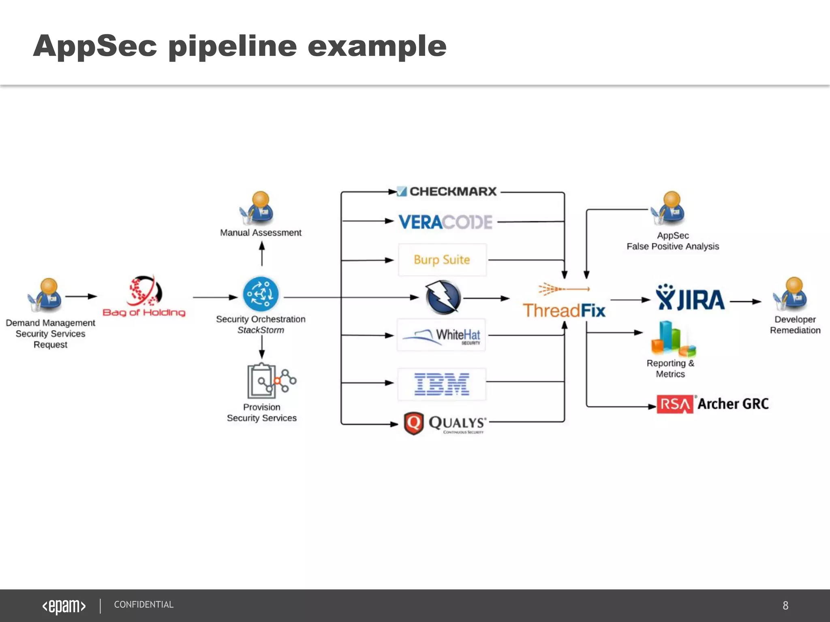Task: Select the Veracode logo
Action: click(445, 222)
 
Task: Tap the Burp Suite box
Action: click(442, 260)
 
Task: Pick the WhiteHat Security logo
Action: click(441, 335)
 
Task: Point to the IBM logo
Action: click(442, 384)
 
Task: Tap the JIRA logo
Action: click(690, 298)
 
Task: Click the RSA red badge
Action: click(674, 404)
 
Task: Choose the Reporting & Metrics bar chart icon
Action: click(672, 338)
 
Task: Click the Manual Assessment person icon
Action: click(258, 208)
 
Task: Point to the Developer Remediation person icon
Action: click(791, 294)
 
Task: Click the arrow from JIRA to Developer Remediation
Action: click(745, 301)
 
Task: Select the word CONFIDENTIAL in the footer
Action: click(143, 605)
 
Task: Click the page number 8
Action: click(785, 605)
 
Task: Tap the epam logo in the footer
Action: click(64, 606)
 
